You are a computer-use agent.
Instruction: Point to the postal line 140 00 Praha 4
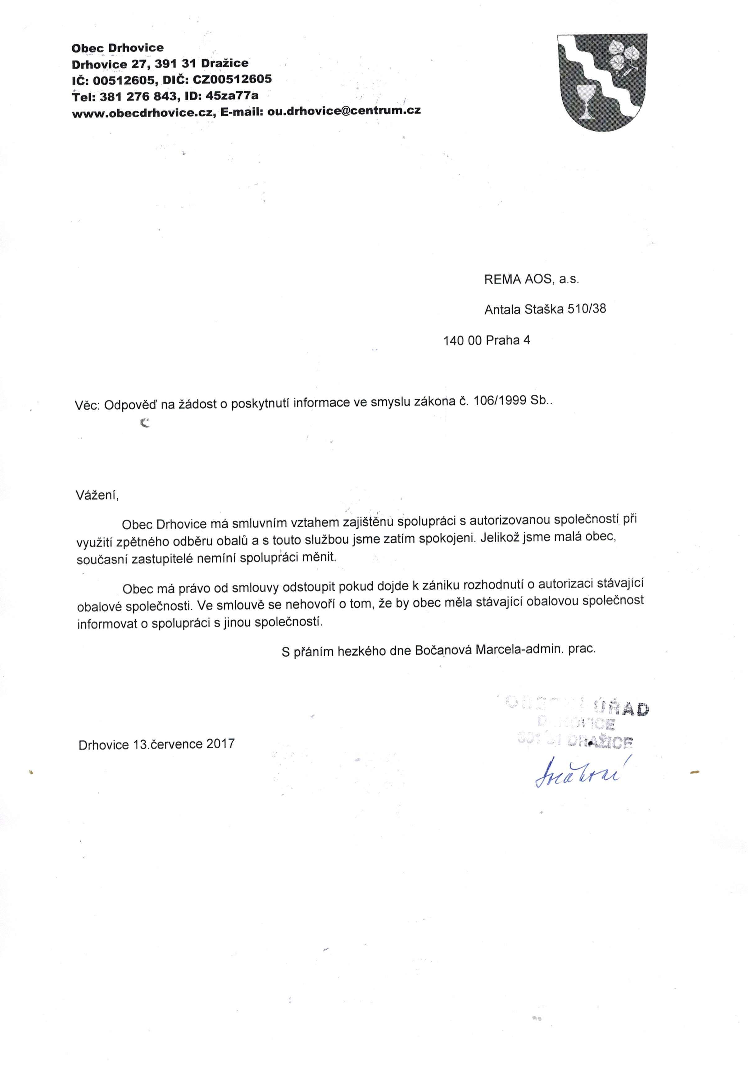click(487, 340)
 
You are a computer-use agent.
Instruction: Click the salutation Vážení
click(97, 495)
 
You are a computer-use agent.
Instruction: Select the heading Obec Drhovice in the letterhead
click(118, 48)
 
